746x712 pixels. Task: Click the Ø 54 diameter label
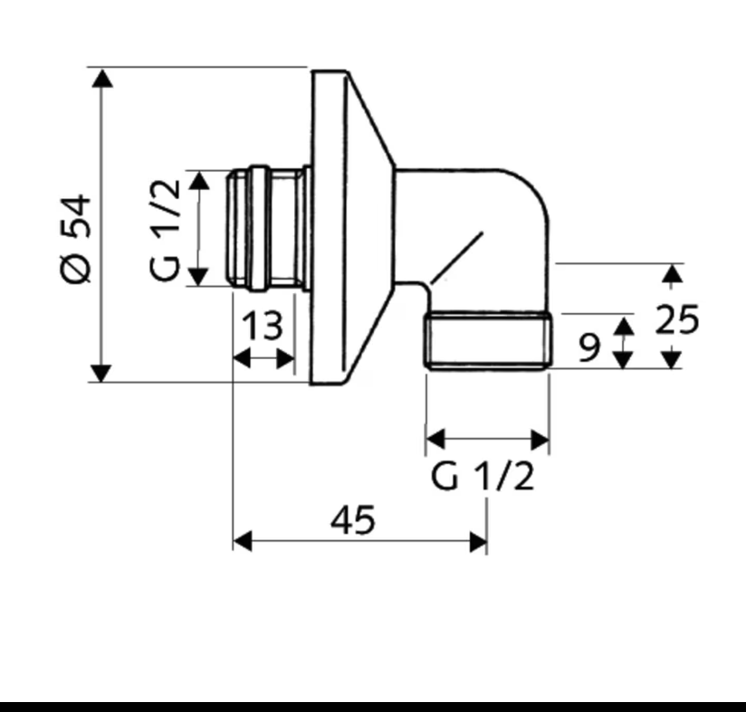click(76, 239)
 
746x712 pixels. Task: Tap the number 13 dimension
click(263, 326)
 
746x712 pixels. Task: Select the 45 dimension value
click(352, 519)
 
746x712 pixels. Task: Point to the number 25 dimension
click(677, 319)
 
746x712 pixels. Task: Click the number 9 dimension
click(589, 347)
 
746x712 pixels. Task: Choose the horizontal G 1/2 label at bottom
click(482, 476)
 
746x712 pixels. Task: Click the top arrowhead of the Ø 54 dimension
click(101, 79)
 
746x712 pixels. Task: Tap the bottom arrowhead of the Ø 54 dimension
click(101, 374)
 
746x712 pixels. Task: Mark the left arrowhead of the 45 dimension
click(243, 541)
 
